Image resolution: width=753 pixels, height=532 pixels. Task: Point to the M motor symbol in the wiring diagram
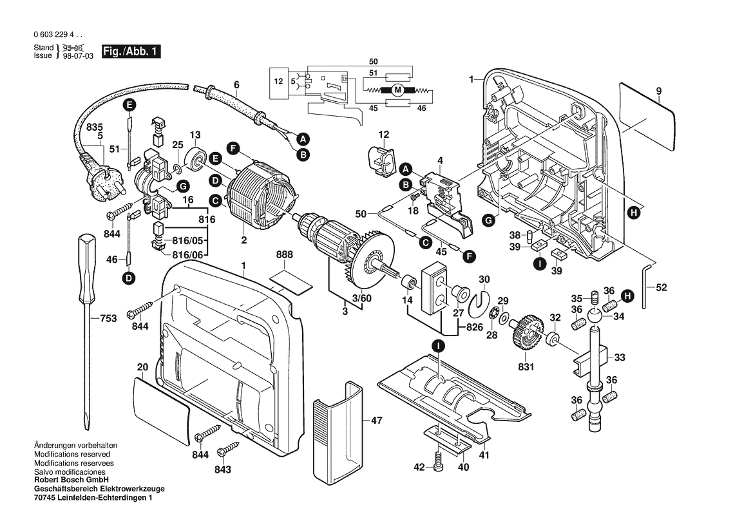397,91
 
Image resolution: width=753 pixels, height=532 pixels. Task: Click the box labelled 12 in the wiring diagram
278,82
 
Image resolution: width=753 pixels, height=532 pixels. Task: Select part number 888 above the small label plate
284,255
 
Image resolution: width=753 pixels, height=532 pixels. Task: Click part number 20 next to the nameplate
142,366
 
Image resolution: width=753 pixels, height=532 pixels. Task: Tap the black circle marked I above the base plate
438,346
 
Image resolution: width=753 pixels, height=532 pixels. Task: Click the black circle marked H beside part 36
624,295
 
